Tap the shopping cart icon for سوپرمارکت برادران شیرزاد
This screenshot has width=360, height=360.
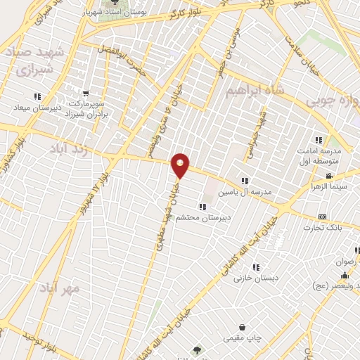(86, 93)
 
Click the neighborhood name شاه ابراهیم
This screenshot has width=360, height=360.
(256, 92)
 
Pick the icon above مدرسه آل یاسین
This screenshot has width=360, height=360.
(245, 181)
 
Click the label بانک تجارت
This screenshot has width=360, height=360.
(323, 228)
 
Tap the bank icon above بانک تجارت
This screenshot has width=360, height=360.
(323, 217)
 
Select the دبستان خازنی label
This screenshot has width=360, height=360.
(256, 278)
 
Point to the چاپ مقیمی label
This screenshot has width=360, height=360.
(243, 339)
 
